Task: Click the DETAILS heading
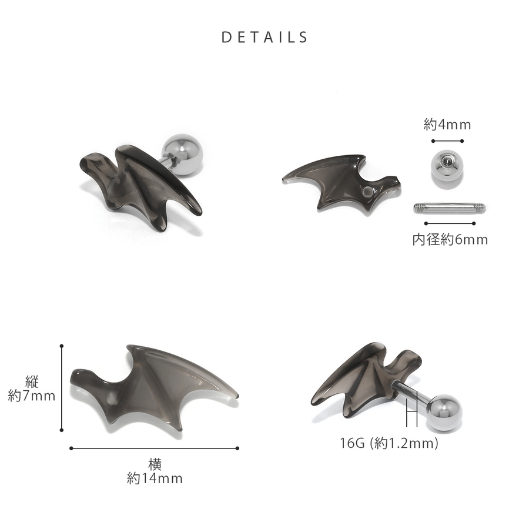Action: tap(264, 37)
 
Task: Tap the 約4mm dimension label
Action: tap(447, 125)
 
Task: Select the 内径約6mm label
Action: tap(450, 240)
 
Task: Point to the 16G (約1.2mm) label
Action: tap(389, 443)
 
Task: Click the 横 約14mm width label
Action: tap(155, 471)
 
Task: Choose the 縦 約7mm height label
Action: tap(32, 389)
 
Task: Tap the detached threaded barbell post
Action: tap(450, 208)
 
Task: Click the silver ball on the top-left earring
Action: tap(183, 154)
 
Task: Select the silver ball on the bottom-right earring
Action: tap(444, 413)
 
